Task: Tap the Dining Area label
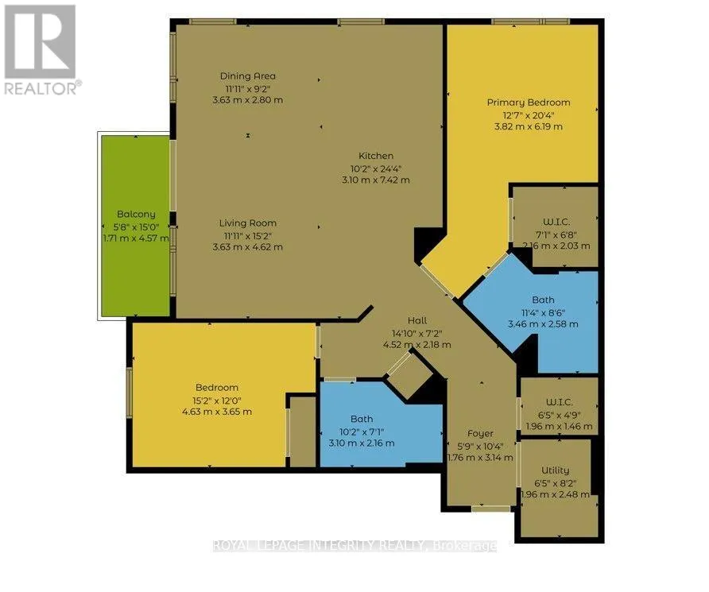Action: [x=247, y=76]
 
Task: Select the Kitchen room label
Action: [x=376, y=156]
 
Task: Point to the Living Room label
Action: [x=247, y=223]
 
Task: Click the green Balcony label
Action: [x=136, y=215]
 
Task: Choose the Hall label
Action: [x=417, y=320]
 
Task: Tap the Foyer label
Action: [x=480, y=434]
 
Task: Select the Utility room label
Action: [x=556, y=470]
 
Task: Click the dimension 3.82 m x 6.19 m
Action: [x=528, y=126]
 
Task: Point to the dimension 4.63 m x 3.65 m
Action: [x=216, y=412]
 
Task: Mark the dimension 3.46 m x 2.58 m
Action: [x=543, y=324]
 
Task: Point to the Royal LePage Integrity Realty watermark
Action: [x=355, y=546]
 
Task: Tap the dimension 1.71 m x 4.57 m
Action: [x=136, y=238]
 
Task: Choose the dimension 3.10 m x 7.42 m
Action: [x=376, y=180]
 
